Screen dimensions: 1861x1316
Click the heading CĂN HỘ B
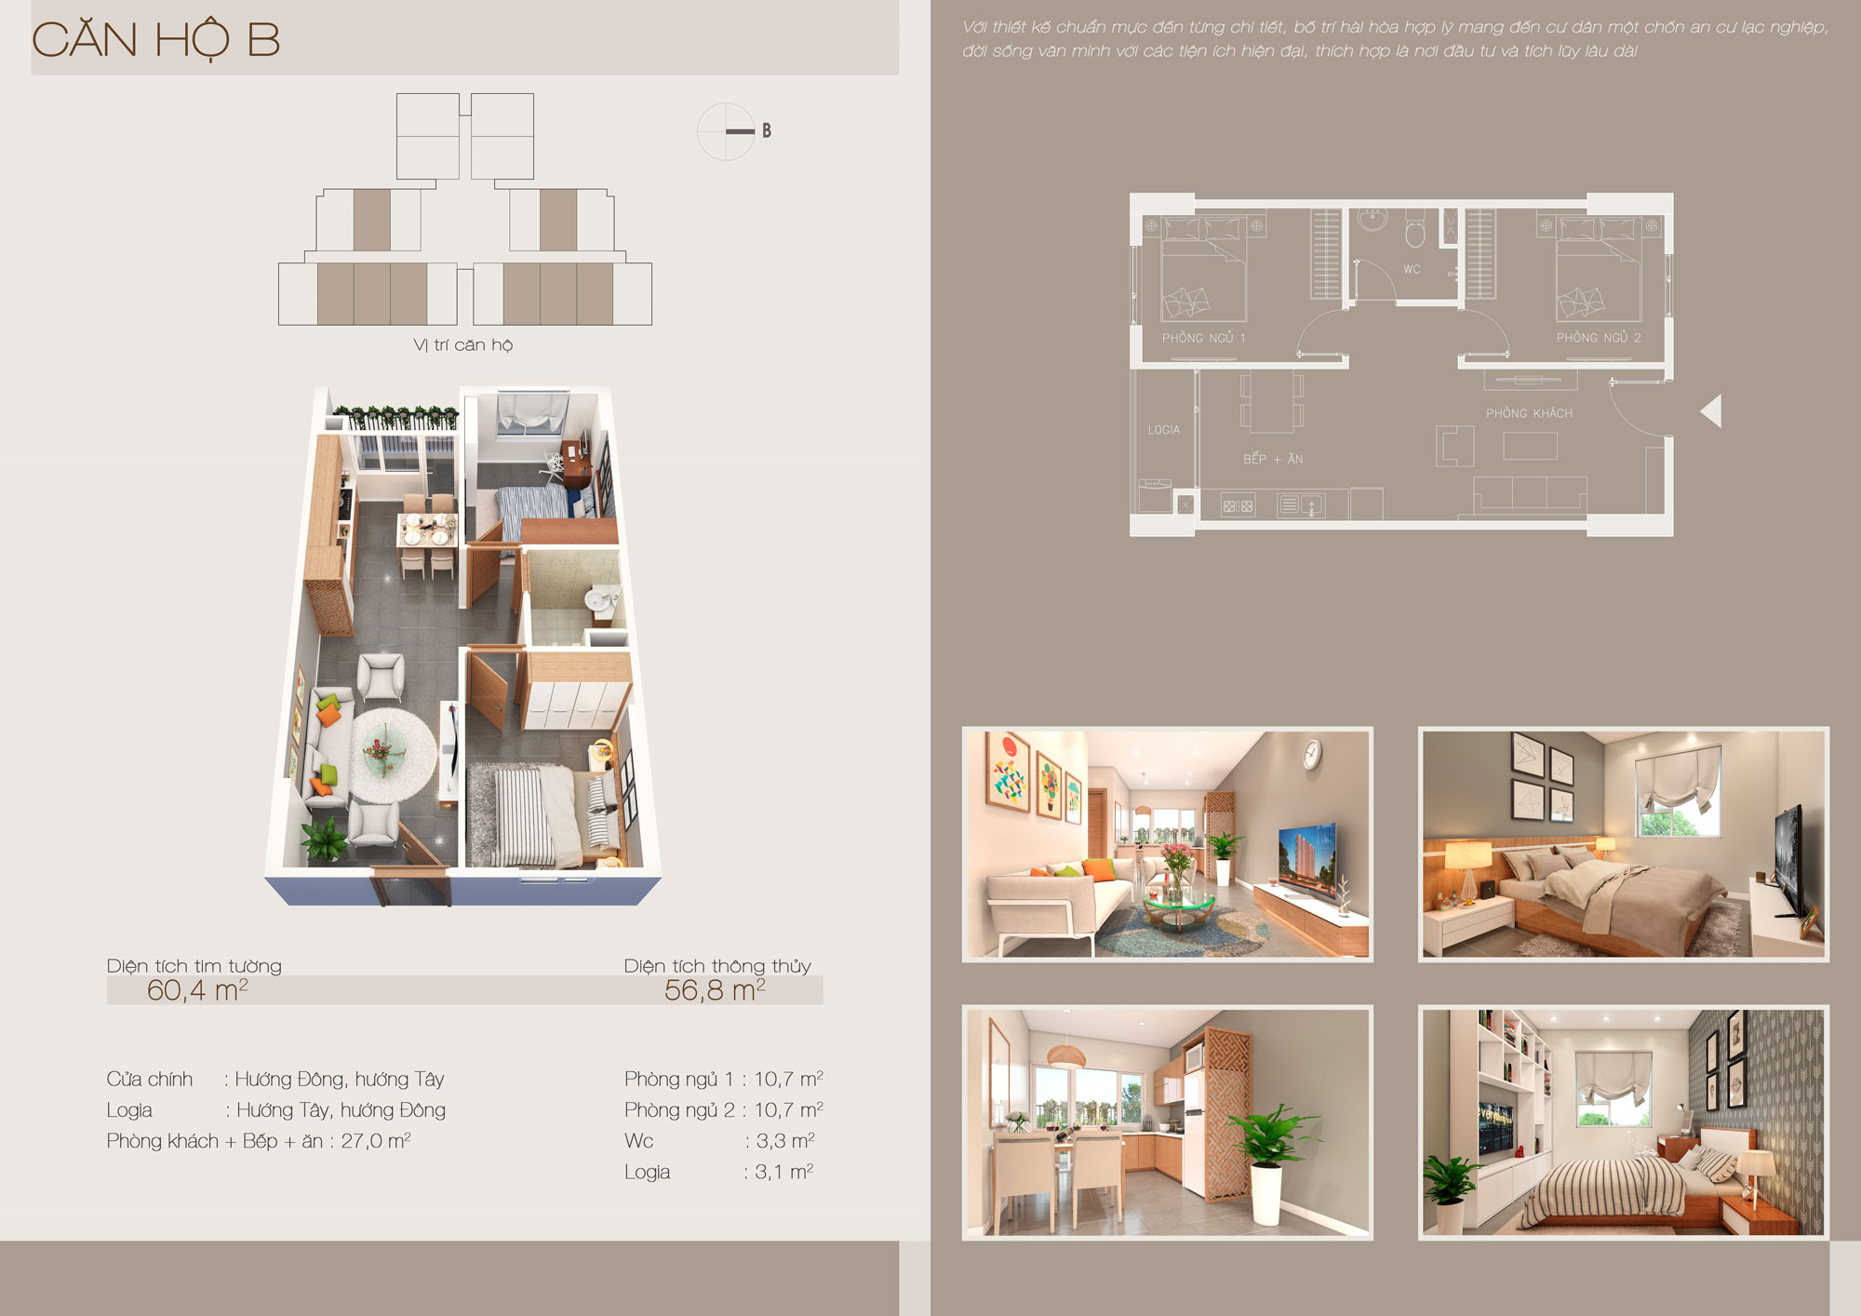[156, 39]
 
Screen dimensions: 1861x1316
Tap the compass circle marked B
[726, 131]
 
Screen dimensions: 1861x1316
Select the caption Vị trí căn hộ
[463, 345]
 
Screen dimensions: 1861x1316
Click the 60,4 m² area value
[197, 990]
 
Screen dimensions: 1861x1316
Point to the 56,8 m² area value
[715, 990]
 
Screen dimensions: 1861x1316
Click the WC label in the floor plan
[1412, 270]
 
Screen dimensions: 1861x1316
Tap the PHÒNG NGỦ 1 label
[1203, 338]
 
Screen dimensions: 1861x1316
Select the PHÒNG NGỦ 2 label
[1599, 338]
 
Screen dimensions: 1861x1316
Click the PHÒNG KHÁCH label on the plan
[1529, 413]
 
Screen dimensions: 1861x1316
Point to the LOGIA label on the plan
[1163, 430]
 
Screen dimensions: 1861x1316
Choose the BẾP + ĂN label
[1273, 459]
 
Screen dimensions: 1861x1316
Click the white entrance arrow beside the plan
[1711, 410]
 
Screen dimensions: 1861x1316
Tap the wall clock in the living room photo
[1312, 754]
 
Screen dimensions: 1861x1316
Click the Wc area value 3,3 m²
[785, 1141]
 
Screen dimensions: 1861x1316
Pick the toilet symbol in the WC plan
[1414, 231]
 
